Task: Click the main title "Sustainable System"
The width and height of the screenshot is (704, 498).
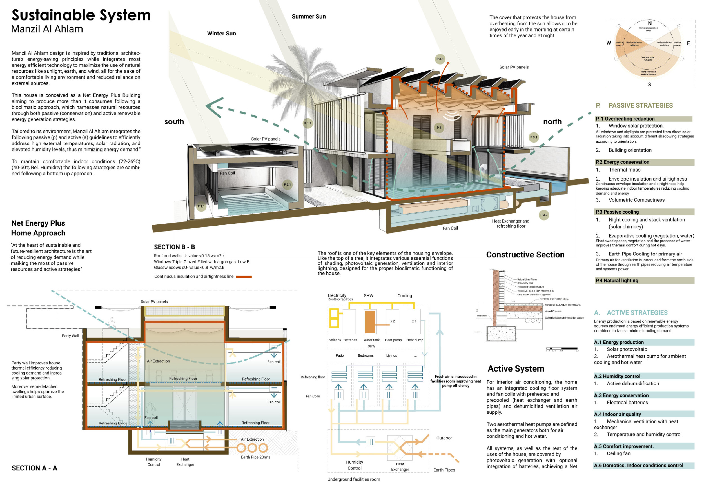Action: coord(81,15)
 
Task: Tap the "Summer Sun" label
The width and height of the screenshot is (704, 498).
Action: coord(308,17)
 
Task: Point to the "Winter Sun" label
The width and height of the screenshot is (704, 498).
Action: coord(221,34)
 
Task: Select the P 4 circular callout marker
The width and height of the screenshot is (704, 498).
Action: coord(439,128)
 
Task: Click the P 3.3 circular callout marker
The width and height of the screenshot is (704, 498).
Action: coord(544,215)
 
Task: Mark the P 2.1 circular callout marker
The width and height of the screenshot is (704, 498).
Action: coord(287,184)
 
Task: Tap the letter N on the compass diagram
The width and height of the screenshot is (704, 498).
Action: coord(649,23)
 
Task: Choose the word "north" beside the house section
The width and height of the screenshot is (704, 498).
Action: coord(552,121)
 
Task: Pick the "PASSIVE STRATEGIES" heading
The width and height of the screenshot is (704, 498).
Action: coord(641,106)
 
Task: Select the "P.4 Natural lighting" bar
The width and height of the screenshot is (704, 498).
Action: coord(644,280)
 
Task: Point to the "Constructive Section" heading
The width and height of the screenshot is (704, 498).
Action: coord(525,255)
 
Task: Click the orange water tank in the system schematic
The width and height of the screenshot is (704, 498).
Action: coord(370,322)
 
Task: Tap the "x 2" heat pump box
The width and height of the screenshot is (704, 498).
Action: coord(393,321)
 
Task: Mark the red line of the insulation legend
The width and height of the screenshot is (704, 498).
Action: coord(244,277)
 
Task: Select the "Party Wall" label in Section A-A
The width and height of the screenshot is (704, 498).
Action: coord(70,336)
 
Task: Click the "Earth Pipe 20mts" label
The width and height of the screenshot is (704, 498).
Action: coord(255,457)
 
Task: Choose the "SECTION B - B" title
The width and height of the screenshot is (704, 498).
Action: coord(174,247)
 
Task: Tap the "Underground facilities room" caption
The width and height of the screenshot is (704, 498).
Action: coord(353,479)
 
